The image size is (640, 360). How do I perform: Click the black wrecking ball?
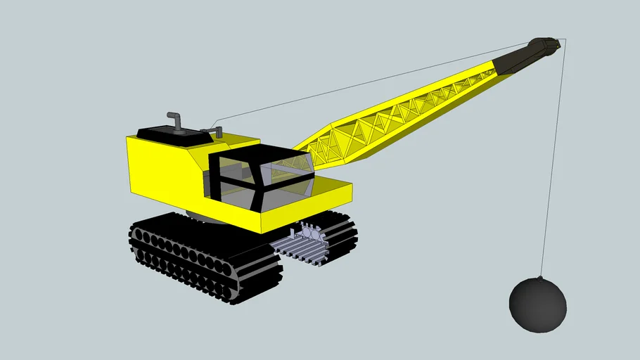(x=537, y=304)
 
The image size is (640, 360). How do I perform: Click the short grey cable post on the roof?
(x=218, y=131)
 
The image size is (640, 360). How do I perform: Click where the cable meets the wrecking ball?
(x=540, y=278)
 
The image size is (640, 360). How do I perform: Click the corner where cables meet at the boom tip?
(x=565, y=39)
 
